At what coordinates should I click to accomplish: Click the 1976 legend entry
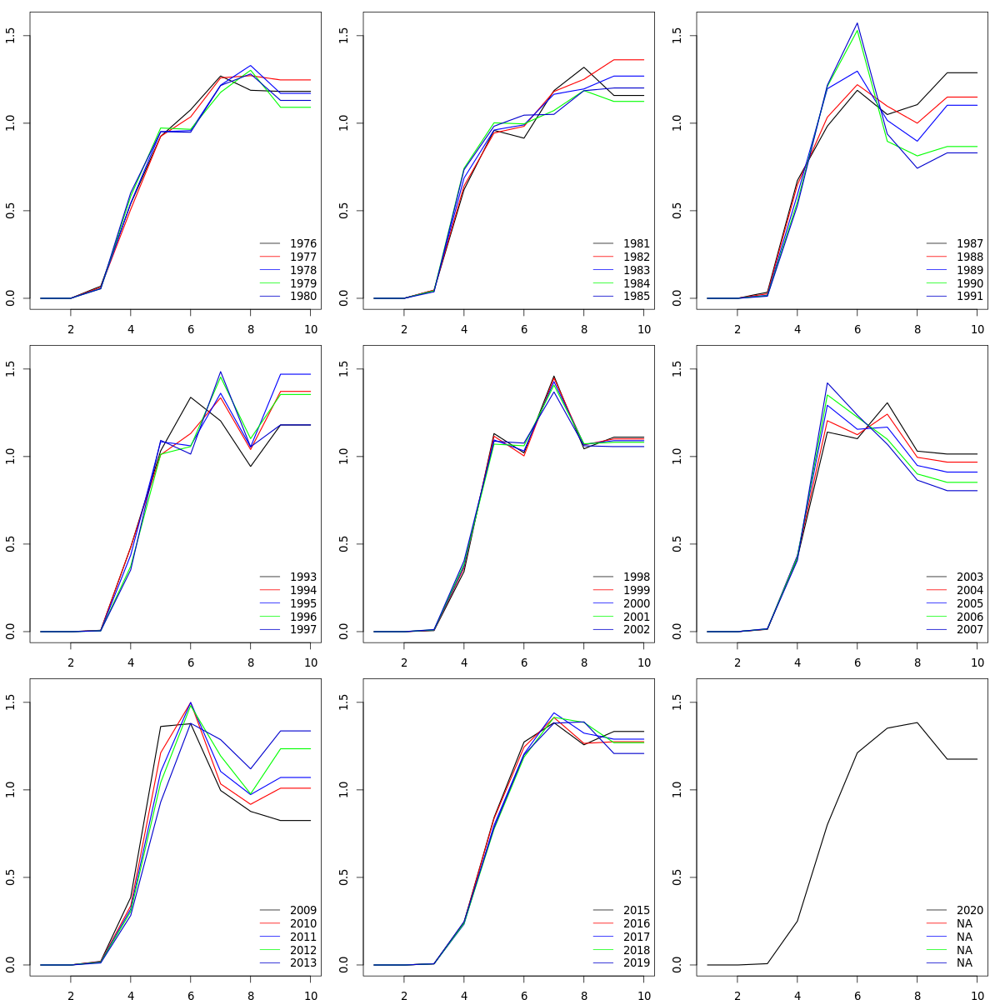pos(303,243)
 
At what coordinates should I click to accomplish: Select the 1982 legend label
pos(637,257)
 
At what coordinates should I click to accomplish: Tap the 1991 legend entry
pos(970,297)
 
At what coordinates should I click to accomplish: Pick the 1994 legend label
pos(303,590)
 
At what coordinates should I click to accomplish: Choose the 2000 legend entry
pos(637,603)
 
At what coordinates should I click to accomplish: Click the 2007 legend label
pos(970,630)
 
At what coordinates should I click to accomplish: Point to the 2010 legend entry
pos(303,923)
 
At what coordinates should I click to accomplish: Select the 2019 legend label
pos(637,963)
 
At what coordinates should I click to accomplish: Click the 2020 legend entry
pos(970,910)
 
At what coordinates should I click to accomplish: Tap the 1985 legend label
pos(637,297)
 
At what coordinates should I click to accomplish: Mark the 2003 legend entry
pos(970,577)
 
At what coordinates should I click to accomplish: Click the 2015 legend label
pos(637,910)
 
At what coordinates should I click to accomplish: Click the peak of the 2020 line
pos(917,722)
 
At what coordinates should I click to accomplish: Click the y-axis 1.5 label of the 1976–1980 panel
pos(10,36)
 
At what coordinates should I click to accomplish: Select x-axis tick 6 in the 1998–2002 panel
pos(524,662)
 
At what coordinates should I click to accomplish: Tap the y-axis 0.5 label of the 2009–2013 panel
pos(10,877)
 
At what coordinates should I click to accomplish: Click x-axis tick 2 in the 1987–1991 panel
pos(737,329)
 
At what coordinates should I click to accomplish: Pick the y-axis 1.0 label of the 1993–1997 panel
pos(10,457)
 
